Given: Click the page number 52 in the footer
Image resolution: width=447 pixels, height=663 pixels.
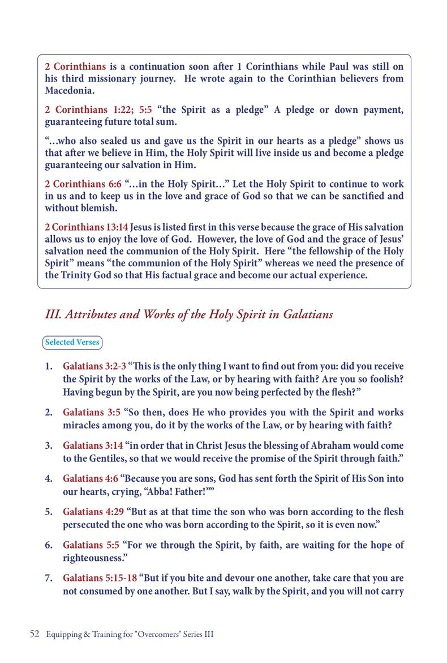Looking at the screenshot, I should (33, 635).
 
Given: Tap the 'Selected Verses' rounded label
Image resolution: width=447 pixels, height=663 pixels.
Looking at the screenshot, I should (72, 342).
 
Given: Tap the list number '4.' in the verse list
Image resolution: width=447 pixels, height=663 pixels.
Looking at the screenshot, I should (49, 479).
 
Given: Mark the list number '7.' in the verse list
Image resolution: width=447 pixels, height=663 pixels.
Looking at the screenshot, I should (49, 579).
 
